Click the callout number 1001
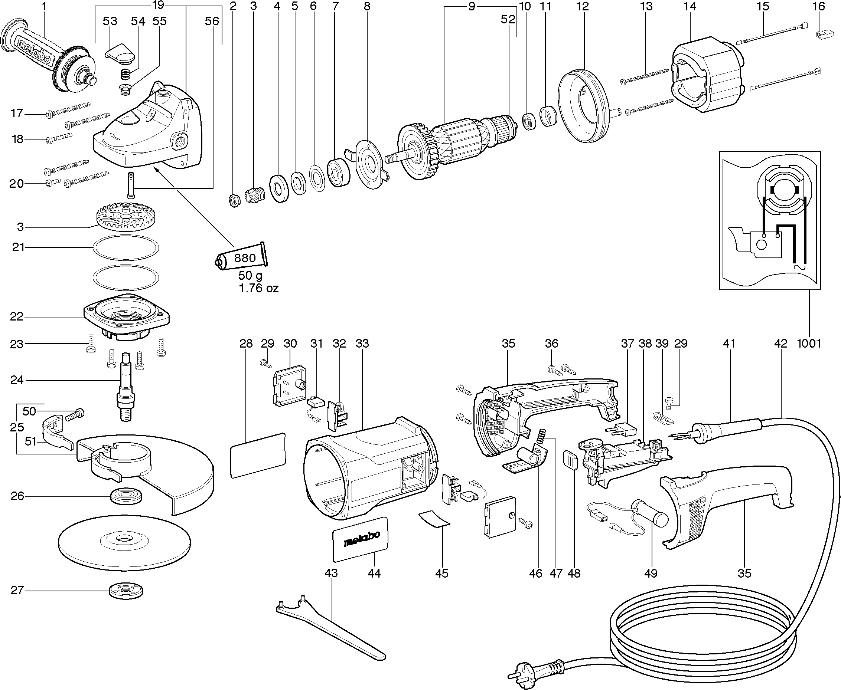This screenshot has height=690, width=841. pos(809,343)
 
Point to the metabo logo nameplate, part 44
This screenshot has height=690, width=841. pos(360,539)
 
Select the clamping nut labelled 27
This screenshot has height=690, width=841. pos(126,591)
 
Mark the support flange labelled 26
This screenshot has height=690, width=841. pos(126,496)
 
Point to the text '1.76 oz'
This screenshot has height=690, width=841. pos(258,288)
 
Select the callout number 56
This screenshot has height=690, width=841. pos(212,21)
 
